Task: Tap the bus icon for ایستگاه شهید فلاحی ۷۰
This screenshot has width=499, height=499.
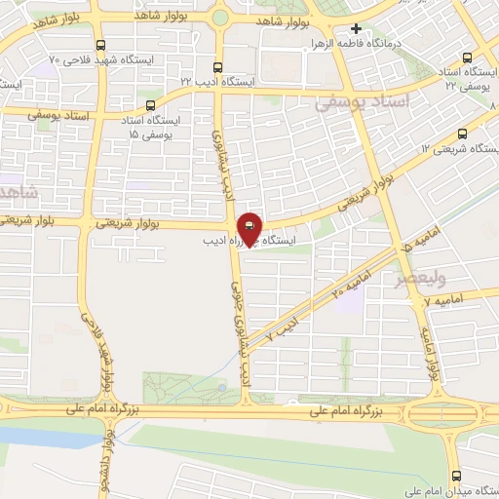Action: click(101, 45)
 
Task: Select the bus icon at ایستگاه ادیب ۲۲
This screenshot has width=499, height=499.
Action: click(217, 68)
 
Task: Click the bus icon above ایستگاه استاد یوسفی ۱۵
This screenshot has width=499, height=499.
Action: click(150, 105)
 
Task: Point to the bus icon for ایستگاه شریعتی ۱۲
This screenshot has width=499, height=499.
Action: click(462, 134)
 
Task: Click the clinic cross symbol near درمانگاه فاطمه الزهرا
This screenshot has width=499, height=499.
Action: click(357, 30)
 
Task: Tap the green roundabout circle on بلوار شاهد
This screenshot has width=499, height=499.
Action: click(220, 16)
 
